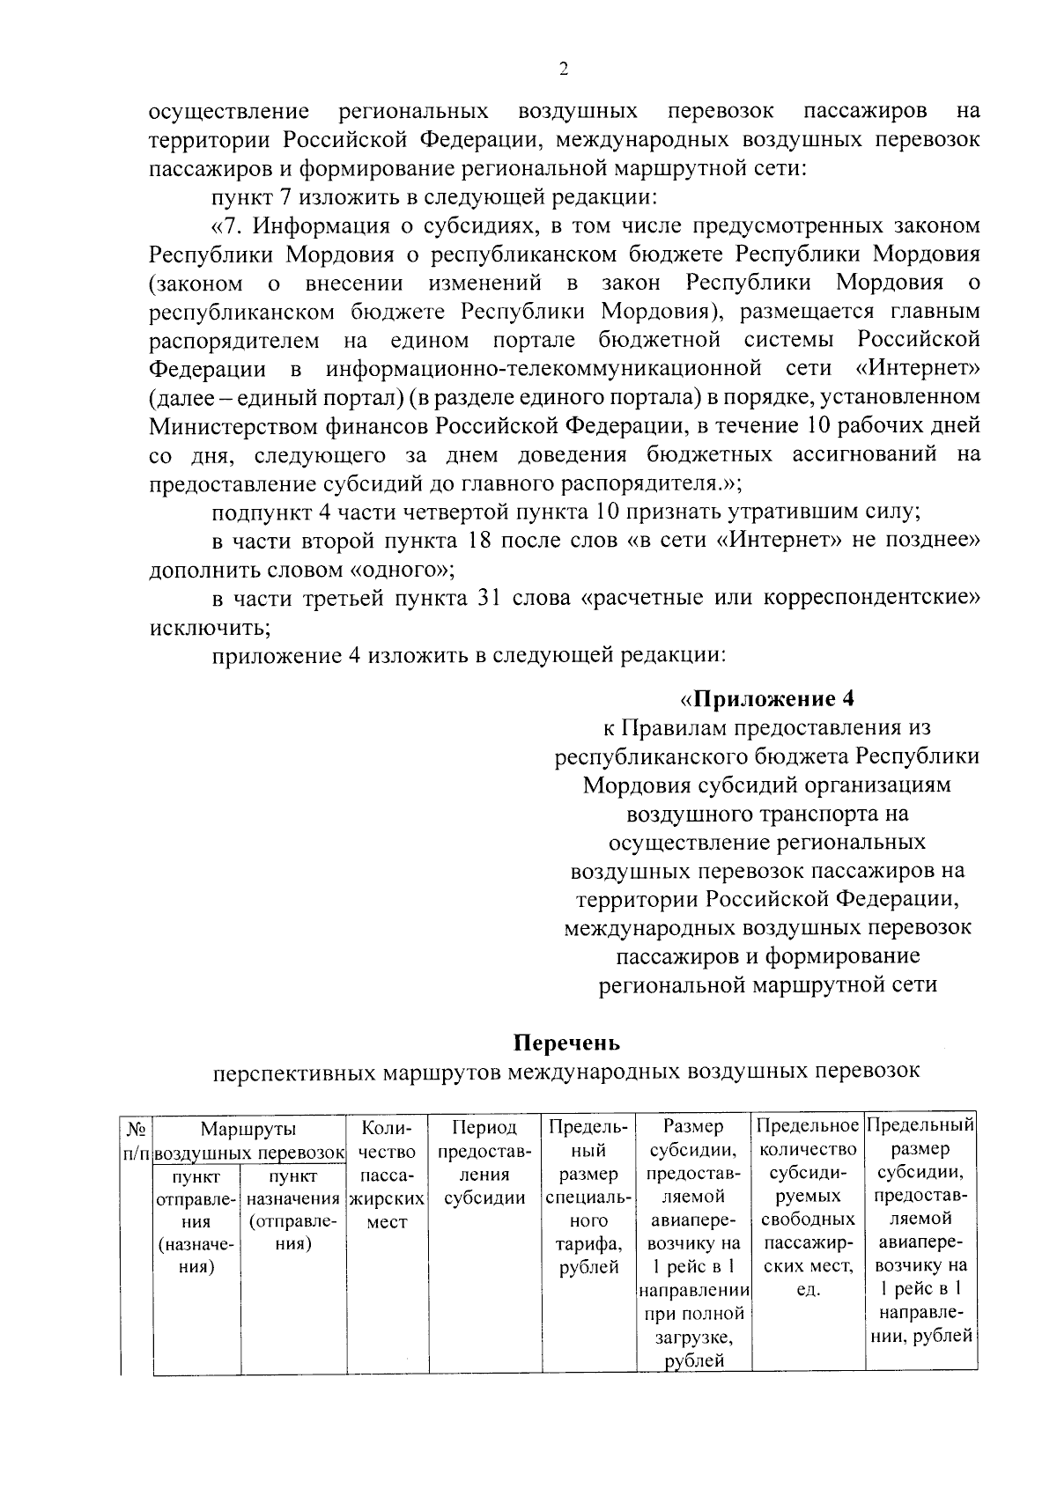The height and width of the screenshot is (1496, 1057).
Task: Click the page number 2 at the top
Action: pyautogui.click(x=564, y=70)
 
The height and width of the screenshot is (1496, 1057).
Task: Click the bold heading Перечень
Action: pyautogui.click(x=567, y=1043)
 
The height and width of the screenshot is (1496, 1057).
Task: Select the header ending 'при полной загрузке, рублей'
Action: pyautogui.click(x=692, y=1244)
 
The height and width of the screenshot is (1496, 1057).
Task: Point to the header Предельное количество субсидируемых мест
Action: pyautogui.click(x=808, y=1209)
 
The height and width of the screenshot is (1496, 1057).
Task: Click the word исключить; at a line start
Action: pyautogui.click(x=209, y=628)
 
